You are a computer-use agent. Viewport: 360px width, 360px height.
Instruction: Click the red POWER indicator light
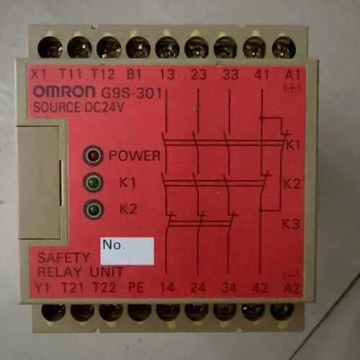(x=93, y=156)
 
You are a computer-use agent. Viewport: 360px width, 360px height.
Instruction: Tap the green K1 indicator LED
(x=93, y=182)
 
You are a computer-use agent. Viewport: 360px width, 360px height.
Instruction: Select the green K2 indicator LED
(x=93, y=210)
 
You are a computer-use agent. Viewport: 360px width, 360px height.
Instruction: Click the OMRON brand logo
(x=64, y=91)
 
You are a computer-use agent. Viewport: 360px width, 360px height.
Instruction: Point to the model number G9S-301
(x=132, y=93)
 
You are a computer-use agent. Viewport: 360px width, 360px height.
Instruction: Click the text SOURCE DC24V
(x=78, y=107)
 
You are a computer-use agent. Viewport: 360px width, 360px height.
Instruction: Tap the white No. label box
(x=127, y=251)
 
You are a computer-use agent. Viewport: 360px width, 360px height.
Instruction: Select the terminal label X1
(x=39, y=74)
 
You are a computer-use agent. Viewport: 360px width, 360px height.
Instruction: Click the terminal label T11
(x=71, y=74)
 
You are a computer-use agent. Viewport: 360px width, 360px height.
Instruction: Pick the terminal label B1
(x=134, y=74)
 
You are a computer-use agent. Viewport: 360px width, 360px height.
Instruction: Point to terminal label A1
(x=292, y=75)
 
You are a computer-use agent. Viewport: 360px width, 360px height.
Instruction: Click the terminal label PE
(x=136, y=287)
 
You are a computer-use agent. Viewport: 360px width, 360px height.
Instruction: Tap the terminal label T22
(x=104, y=287)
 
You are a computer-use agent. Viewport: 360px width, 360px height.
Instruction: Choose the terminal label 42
(x=261, y=288)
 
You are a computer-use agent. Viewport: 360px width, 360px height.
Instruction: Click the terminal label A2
(x=292, y=288)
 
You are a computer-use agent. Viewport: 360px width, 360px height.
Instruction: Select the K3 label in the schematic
(x=290, y=225)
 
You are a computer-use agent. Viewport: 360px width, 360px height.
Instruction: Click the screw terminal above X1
(x=50, y=48)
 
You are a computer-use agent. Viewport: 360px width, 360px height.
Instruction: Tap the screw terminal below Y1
(x=53, y=311)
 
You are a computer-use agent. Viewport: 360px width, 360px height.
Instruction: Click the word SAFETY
(x=63, y=258)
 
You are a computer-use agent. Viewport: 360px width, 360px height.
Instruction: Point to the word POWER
(x=135, y=156)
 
